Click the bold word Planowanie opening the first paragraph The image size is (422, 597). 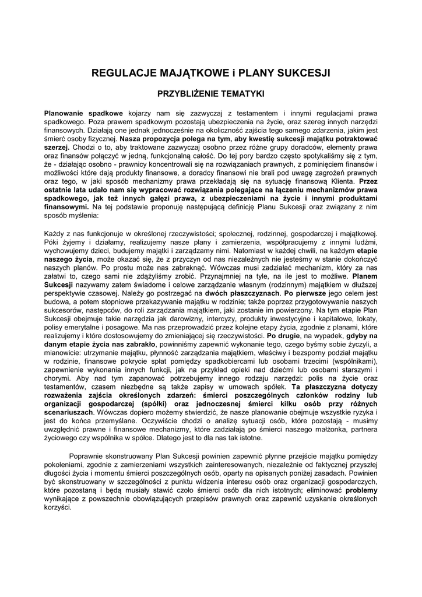pyautogui.click(x=65, y=112)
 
